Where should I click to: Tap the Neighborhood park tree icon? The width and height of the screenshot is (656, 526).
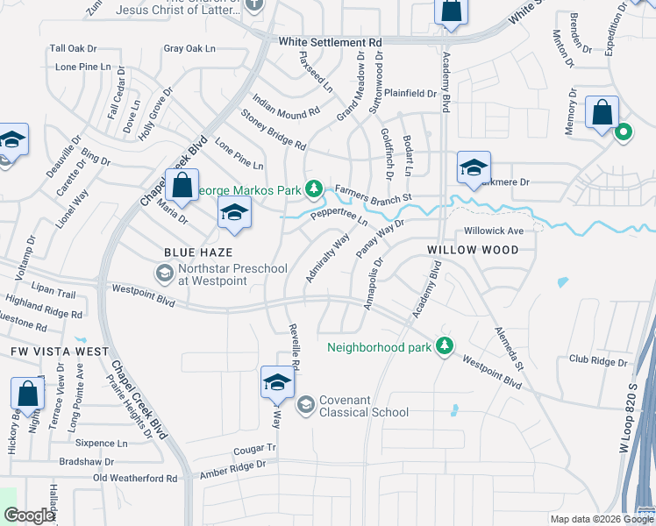tap(445, 346)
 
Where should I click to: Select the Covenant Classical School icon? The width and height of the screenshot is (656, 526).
tap(306, 404)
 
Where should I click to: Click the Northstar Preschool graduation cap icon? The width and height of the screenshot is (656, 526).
tap(164, 274)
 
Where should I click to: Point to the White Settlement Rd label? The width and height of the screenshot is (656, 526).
tap(331, 42)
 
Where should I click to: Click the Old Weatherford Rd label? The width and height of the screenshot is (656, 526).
tap(135, 479)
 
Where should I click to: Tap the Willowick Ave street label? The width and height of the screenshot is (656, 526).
tap(494, 231)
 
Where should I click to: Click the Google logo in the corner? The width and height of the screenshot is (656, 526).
tap(29, 515)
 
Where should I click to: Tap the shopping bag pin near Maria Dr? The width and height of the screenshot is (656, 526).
tap(182, 186)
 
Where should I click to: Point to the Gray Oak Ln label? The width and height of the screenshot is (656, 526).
tap(189, 49)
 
